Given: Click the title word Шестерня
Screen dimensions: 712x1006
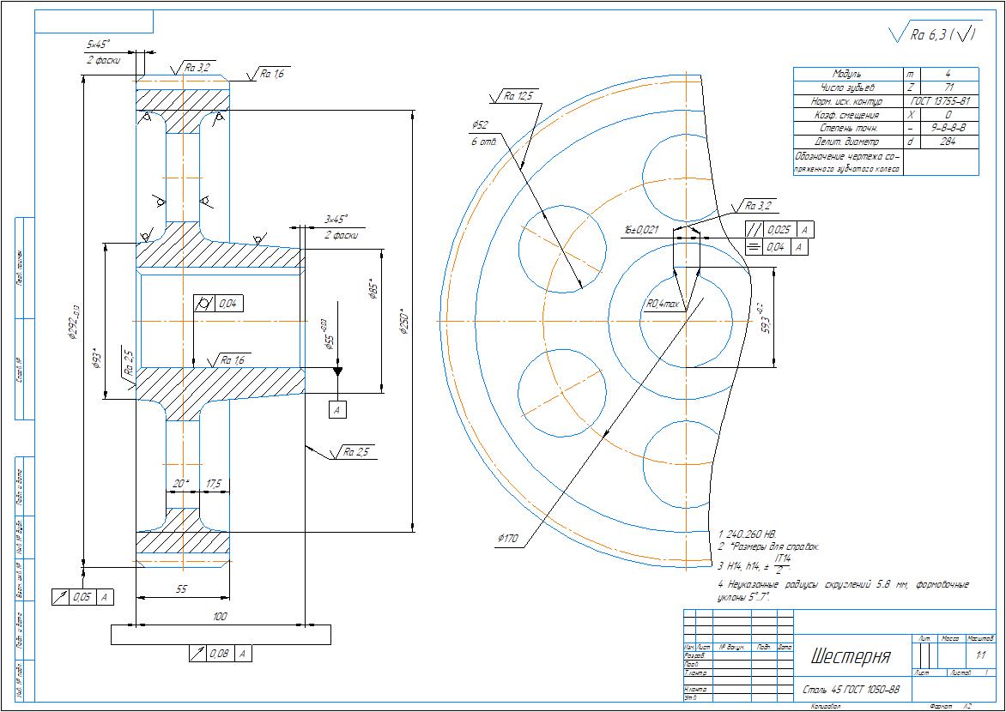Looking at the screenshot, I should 851,657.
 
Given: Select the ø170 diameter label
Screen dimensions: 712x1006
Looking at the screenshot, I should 508,539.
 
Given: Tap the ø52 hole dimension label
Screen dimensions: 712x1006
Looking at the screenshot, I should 480,125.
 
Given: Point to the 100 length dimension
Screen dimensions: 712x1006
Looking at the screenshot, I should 220,617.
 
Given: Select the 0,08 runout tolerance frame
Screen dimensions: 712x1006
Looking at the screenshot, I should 220,654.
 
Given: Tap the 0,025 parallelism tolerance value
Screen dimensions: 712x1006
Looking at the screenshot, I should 779,230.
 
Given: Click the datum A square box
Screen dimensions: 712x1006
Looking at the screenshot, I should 337,410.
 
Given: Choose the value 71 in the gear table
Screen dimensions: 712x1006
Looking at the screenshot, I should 948,87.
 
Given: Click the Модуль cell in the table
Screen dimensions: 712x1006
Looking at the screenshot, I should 846,75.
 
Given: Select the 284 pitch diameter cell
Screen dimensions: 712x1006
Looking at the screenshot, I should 948,142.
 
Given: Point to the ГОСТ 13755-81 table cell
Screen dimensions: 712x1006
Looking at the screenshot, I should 941,101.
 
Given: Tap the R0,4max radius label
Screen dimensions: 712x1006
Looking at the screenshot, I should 664,304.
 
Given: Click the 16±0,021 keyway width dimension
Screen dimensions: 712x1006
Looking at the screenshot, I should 642,230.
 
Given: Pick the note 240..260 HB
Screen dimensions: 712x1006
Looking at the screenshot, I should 749,533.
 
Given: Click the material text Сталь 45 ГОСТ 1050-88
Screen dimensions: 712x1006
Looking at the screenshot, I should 851,689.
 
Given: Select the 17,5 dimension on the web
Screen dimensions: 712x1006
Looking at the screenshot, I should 214,484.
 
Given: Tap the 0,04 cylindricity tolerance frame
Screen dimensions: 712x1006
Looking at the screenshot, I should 221,303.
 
